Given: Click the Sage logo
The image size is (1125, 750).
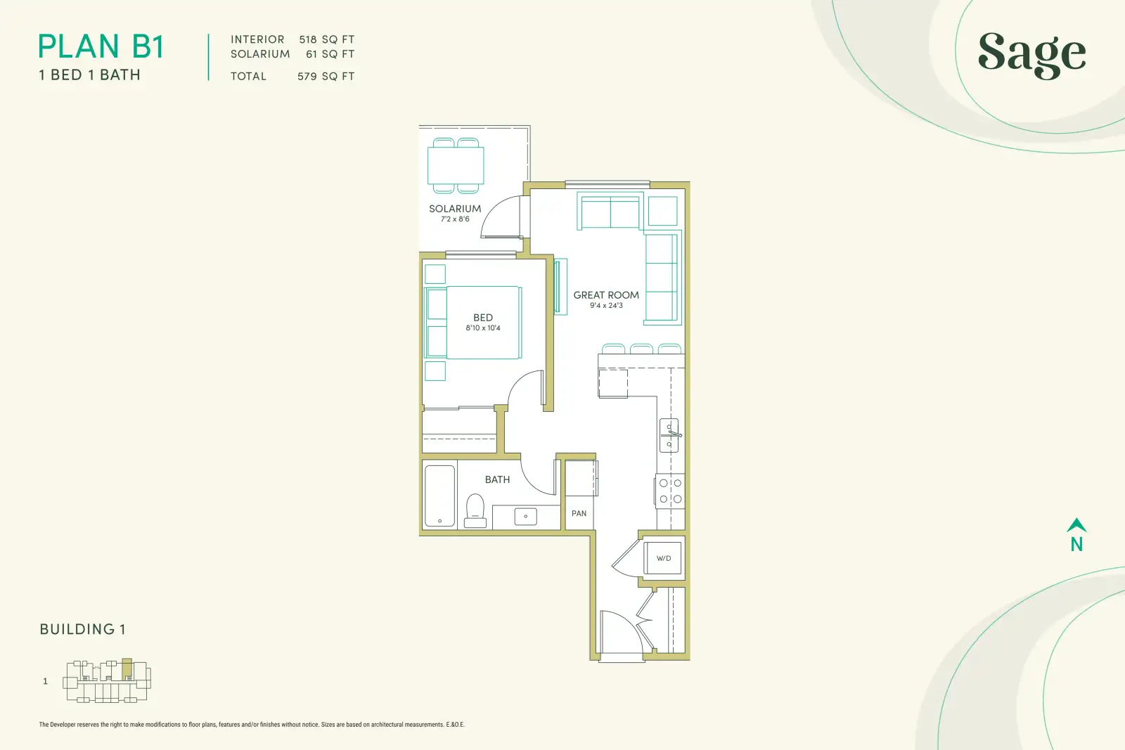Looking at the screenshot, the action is pyautogui.click(x=1032, y=56).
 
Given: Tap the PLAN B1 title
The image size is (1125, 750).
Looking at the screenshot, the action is pyautogui.click(x=101, y=46).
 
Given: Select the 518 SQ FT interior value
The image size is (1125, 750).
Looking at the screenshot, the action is pyautogui.click(x=327, y=39).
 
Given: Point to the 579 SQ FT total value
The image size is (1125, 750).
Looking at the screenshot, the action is pyautogui.click(x=326, y=77).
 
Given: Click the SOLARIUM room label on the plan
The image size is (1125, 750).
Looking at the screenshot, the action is pyautogui.click(x=455, y=208).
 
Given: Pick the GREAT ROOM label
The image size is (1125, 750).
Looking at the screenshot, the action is pyautogui.click(x=606, y=295).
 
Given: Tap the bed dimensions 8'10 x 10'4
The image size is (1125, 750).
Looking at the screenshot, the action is pyautogui.click(x=482, y=328).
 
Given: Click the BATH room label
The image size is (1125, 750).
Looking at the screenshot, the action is pyautogui.click(x=497, y=479).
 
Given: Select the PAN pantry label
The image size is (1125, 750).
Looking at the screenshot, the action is pyautogui.click(x=579, y=513).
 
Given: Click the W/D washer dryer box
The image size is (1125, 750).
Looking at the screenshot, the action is pyautogui.click(x=664, y=558).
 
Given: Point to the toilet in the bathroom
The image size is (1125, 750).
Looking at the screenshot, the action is pyautogui.click(x=475, y=510).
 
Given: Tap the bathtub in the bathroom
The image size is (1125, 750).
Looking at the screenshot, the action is pyautogui.click(x=439, y=496).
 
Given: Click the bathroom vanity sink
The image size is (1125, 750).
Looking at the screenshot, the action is pyautogui.click(x=525, y=517).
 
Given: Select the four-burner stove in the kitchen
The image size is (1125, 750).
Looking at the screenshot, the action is pyautogui.click(x=670, y=491).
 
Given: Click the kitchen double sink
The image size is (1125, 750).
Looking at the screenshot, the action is pyautogui.click(x=669, y=435).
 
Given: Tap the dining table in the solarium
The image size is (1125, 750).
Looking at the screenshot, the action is pyautogui.click(x=456, y=166).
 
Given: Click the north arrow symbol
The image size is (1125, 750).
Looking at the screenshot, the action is pyautogui.click(x=1076, y=525).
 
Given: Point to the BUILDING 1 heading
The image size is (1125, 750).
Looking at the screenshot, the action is pyautogui.click(x=82, y=629).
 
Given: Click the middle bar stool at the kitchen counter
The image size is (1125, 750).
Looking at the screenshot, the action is pyautogui.click(x=641, y=349).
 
